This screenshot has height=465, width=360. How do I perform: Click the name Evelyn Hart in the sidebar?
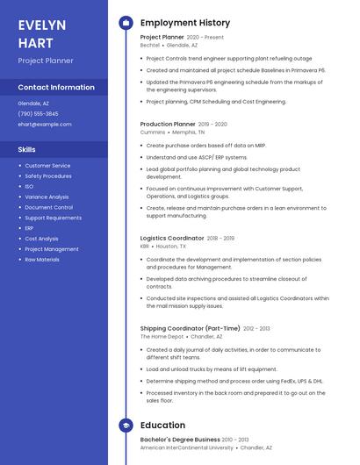coord(42,33)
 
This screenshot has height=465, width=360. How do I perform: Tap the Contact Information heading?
coord(56,88)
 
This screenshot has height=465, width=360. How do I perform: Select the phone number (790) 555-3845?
coord(38,114)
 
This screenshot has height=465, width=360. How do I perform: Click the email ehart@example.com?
coord(45,125)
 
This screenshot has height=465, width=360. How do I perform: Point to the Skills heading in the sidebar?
coord(27,150)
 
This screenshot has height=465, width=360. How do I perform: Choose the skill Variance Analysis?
coord(47,197)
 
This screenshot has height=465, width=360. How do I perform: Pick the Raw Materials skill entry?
coord(42,260)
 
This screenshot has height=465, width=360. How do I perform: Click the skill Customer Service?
coord(47,166)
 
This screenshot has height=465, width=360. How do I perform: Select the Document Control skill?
coord(49,208)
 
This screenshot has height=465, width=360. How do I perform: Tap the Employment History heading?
coord(185,23)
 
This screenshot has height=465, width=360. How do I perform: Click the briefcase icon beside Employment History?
coord(126,23)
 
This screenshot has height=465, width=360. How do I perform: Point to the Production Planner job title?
coord(168,125)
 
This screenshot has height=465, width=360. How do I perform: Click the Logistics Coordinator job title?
coord(172,238)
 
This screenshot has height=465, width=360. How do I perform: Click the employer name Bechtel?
coord(150,45)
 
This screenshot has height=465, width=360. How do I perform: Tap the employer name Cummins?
coord(153,132)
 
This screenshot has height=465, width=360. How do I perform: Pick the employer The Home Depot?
coord(162,336)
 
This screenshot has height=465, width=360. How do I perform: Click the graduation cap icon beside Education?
coord(126,426)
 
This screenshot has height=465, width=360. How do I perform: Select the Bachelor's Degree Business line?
coord(180,440)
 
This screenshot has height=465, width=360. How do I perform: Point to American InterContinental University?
coord(187,447)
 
